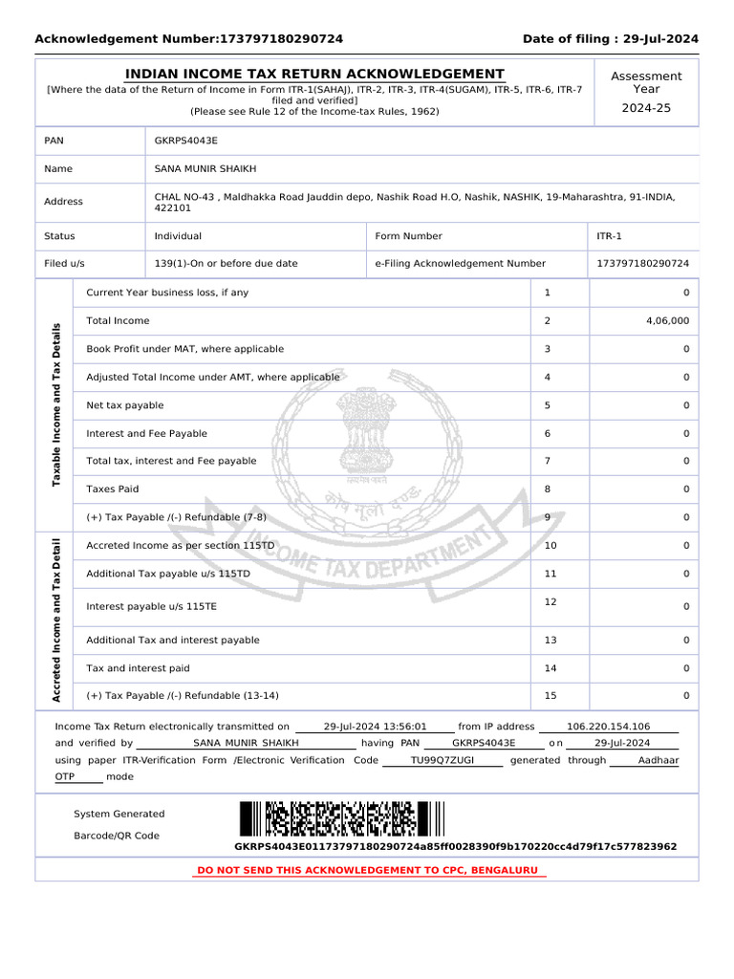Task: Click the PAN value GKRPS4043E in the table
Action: [186, 141]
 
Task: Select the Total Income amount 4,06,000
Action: [667, 321]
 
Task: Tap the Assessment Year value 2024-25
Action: [646, 108]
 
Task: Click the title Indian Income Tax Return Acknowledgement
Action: [315, 75]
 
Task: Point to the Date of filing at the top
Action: [610, 39]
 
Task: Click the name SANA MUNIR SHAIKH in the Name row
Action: [205, 169]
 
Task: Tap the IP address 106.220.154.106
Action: [608, 727]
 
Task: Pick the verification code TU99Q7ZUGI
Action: [442, 760]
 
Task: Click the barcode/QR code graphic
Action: [342, 819]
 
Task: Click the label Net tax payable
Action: [125, 405]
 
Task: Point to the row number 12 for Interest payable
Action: [550, 601]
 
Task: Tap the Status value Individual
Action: [178, 236]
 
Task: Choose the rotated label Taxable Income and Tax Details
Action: [56, 404]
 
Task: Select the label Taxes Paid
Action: [113, 489]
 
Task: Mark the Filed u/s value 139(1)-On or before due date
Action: [226, 263]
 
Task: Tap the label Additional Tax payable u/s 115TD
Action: [168, 574]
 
